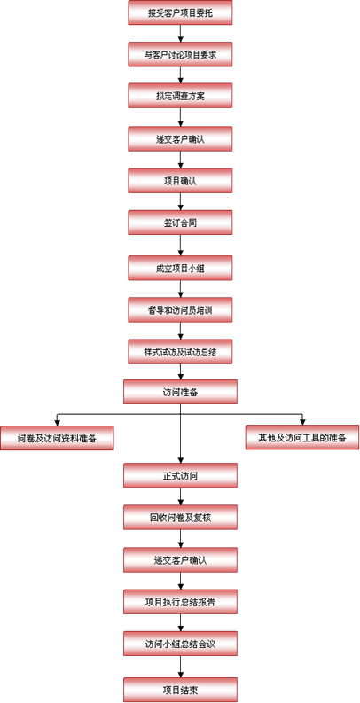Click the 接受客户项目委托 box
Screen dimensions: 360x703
point(180,12)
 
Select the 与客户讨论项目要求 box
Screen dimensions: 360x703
point(180,54)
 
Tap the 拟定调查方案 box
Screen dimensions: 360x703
point(180,96)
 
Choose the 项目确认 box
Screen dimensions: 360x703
point(180,181)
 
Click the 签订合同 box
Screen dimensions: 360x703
point(180,223)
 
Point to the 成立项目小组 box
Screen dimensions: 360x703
point(180,268)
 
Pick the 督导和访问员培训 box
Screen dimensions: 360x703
point(180,309)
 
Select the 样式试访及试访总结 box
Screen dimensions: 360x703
point(180,351)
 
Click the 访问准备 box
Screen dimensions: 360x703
point(180,392)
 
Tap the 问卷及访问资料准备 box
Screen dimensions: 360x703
point(57,438)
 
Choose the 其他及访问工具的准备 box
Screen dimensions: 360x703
point(302,438)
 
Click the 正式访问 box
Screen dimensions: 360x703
point(180,475)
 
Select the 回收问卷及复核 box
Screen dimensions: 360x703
point(180,518)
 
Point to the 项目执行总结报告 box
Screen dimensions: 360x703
point(180,602)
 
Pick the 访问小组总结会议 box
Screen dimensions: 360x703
point(180,644)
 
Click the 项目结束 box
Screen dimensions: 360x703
point(180,690)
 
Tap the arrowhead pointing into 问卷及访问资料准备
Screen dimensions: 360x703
point(57,422)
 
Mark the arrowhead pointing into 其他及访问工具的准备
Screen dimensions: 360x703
point(302,422)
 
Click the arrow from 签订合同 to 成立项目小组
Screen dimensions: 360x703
point(180,246)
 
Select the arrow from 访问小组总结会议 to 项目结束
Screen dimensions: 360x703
point(180,667)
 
